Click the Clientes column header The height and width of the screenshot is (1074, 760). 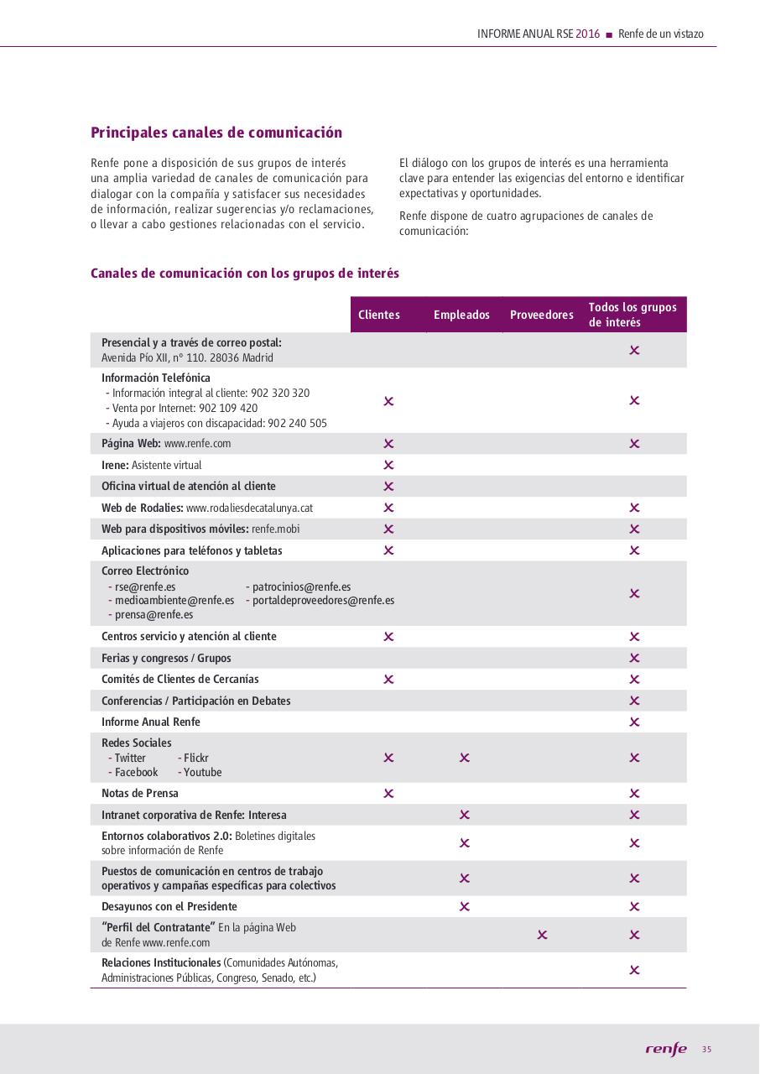point(379,315)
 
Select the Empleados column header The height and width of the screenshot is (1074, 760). point(461,315)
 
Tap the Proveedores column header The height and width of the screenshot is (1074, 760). point(542,315)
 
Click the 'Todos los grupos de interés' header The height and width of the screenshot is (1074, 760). point(632,315)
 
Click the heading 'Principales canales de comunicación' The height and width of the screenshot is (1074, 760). point(216,133)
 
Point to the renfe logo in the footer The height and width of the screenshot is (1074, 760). point(666,1050)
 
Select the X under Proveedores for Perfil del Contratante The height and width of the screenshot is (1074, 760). point(542,935)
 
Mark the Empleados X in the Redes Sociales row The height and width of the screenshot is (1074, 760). point(465,758)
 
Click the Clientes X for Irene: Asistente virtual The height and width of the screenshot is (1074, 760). point(388,465)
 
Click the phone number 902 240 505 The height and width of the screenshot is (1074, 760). point(297,424)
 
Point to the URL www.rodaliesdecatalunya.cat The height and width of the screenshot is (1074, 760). point(249,508)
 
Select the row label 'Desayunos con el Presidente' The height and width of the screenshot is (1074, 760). point(169,906)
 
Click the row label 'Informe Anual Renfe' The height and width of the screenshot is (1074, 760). point(151,722)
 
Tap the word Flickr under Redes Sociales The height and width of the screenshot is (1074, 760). point(196,758)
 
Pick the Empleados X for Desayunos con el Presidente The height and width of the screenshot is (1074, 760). point(465,906)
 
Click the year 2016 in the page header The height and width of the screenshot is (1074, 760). point(588,34)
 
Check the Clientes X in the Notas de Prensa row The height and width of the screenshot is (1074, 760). point(388,793)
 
